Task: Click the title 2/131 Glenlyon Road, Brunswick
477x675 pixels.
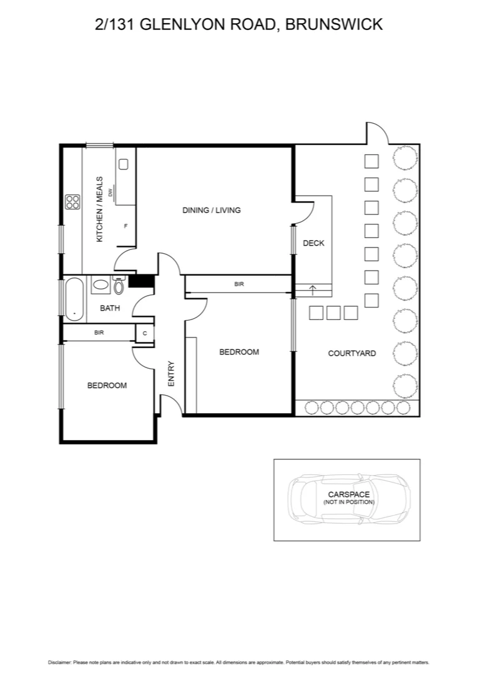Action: [238, 24]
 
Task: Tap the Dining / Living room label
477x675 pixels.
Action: [211, 210]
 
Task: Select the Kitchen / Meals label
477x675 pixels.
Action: [99, 209]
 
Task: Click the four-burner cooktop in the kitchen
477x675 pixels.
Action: [72, 202]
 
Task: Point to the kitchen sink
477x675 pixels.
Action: [124, 164]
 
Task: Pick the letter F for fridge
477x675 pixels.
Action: [125, 226]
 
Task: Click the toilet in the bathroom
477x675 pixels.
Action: [119, 286]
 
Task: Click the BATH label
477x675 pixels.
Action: [110, 308]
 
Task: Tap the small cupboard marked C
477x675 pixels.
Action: [144, 333]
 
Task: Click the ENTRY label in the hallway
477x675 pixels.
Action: [171, 374]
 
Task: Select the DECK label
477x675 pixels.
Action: [313, 243]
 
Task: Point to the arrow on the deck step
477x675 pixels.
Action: [313, 289]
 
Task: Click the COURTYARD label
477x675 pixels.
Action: [352, 353]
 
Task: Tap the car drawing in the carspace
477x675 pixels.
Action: [348, 499]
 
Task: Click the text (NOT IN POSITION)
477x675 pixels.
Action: [348, 502]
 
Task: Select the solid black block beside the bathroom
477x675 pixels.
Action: [141, 281]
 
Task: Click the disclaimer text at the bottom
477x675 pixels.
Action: [238, 662]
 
